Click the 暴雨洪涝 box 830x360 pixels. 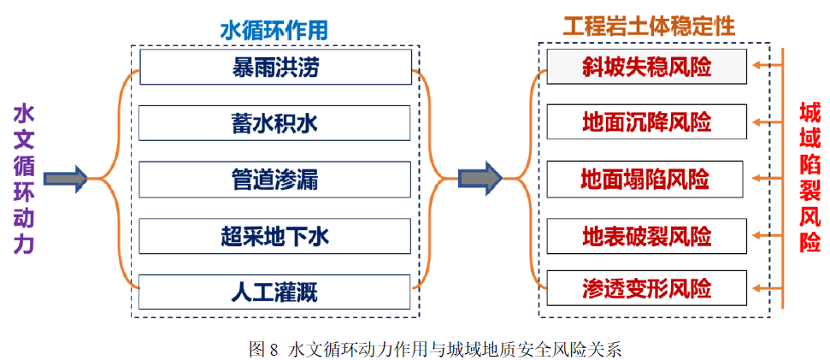(x=275, y=67)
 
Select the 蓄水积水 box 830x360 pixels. (x=274, y=123)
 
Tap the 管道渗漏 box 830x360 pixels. (x=274, y=180)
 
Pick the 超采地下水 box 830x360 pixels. (x=274, y=236)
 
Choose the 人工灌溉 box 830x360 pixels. (x=274, y=292)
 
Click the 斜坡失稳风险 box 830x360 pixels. (x=647, y=66)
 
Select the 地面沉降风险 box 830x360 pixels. (x=647, y=121)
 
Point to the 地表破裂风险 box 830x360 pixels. (x=647, y=235)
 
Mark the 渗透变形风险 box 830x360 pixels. (x=647, y=288)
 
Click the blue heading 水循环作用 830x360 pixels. (x=274, y=31)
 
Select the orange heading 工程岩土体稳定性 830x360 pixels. (x=650, y=26)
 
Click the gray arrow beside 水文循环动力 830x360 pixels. (x=65, y=179)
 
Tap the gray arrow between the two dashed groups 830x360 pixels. (x=480, y=178)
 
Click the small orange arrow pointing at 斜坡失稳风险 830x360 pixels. (x=767, y=66)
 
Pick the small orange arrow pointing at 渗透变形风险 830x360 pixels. (x=767, y=288)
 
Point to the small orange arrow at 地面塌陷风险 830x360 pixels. (x=767, y=179)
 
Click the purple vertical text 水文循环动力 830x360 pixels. (x=24, y=179)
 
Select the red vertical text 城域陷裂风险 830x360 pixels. (x=809, y=178)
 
